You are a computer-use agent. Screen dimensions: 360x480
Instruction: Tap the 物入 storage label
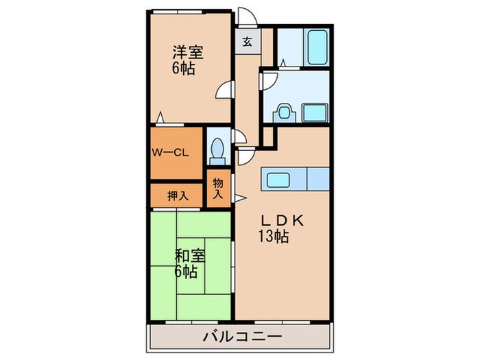point(218,188)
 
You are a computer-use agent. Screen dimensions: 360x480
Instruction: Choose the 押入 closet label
point(178,195)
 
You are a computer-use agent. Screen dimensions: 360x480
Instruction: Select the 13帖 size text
point(273,238)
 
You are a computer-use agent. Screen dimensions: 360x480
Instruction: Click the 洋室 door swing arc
point(224,89)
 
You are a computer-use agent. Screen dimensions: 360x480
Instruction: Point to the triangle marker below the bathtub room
point(283,63)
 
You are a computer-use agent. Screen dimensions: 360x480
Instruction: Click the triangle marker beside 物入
point(240,199)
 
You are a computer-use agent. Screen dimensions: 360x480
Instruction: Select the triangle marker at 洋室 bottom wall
point(160,119)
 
